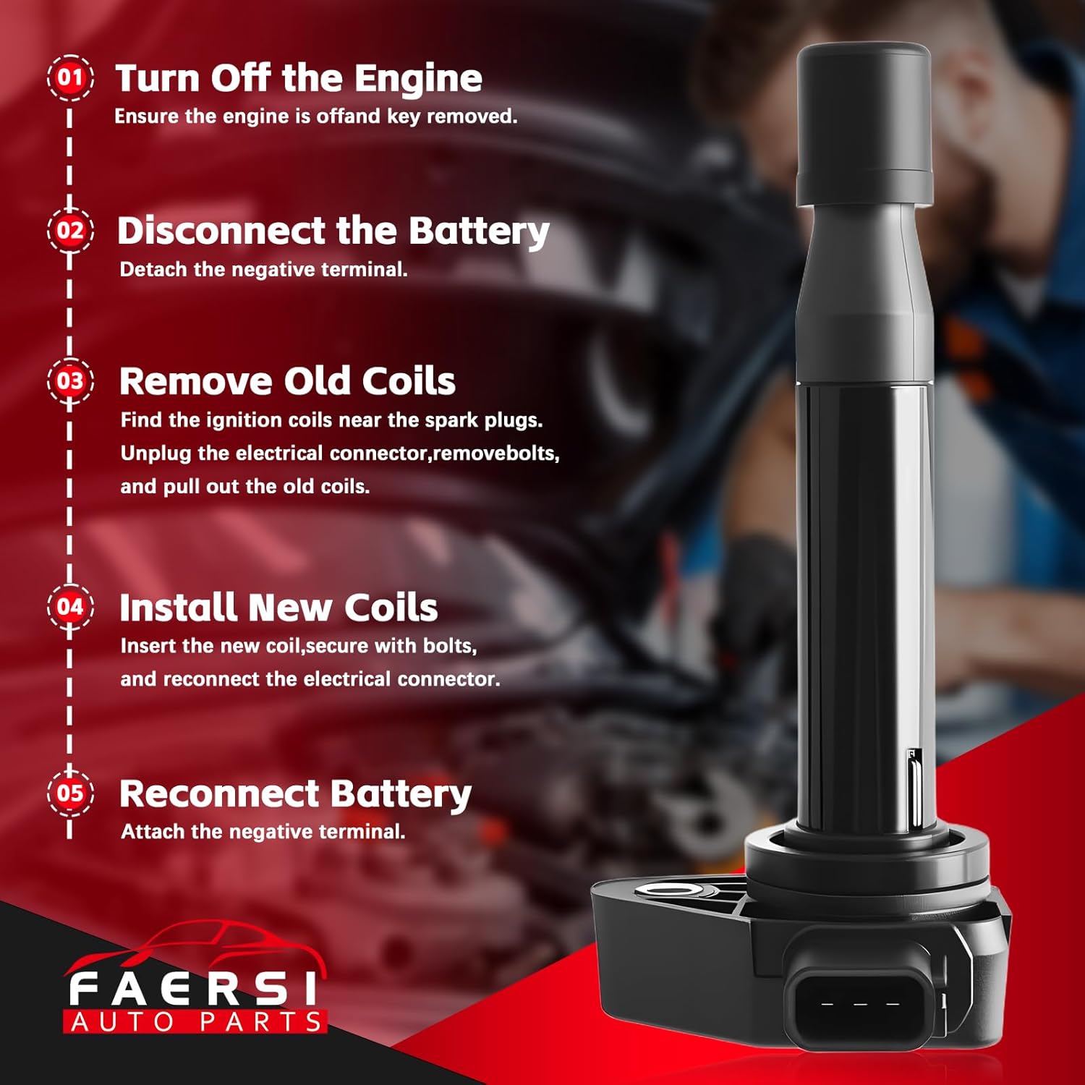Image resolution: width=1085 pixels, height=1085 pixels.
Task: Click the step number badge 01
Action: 70,77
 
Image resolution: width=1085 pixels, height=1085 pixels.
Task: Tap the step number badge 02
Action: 70,231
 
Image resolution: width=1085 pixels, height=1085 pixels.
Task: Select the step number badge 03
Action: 70,381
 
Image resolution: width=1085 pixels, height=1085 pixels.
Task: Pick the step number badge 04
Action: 70,607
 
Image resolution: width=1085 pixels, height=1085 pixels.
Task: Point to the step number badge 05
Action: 70,793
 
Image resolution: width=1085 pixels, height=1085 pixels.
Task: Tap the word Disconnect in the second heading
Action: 221,231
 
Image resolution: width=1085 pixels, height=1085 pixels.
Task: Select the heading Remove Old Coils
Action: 287,381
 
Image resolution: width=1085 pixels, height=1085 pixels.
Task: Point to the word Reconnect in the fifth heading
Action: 209,794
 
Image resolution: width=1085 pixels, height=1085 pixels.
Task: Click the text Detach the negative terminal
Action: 263,270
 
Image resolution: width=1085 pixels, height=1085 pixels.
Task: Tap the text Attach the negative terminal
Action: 263,832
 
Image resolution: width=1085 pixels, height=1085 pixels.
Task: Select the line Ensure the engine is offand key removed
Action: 315,116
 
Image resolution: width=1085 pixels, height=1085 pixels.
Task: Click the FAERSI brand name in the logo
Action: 192,989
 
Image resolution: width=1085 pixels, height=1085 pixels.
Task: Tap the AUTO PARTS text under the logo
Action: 196,1022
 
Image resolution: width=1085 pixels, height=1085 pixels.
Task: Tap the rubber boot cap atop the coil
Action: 864,123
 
